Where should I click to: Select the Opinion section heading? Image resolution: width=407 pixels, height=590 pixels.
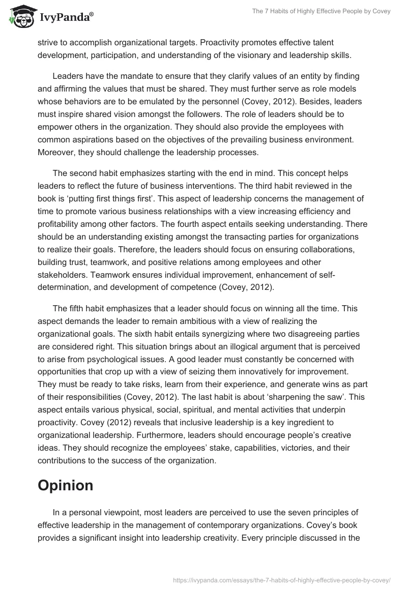[x=65, y=485]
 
